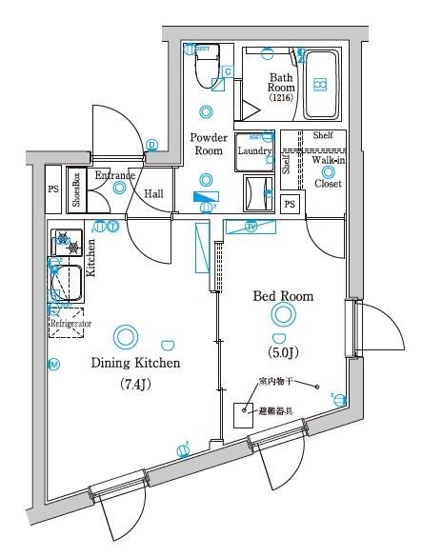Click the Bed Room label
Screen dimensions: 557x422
(282, 296)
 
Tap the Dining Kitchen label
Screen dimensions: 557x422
(135, 363)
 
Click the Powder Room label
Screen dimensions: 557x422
(208, 144)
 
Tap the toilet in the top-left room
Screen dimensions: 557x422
(205, 67)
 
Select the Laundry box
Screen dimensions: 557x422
(255, 150)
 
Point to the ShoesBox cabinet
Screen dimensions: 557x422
(76, 189)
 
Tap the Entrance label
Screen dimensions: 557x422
(114, 175)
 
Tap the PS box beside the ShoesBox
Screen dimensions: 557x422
(52, 189)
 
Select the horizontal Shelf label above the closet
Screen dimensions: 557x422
(322, 135)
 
